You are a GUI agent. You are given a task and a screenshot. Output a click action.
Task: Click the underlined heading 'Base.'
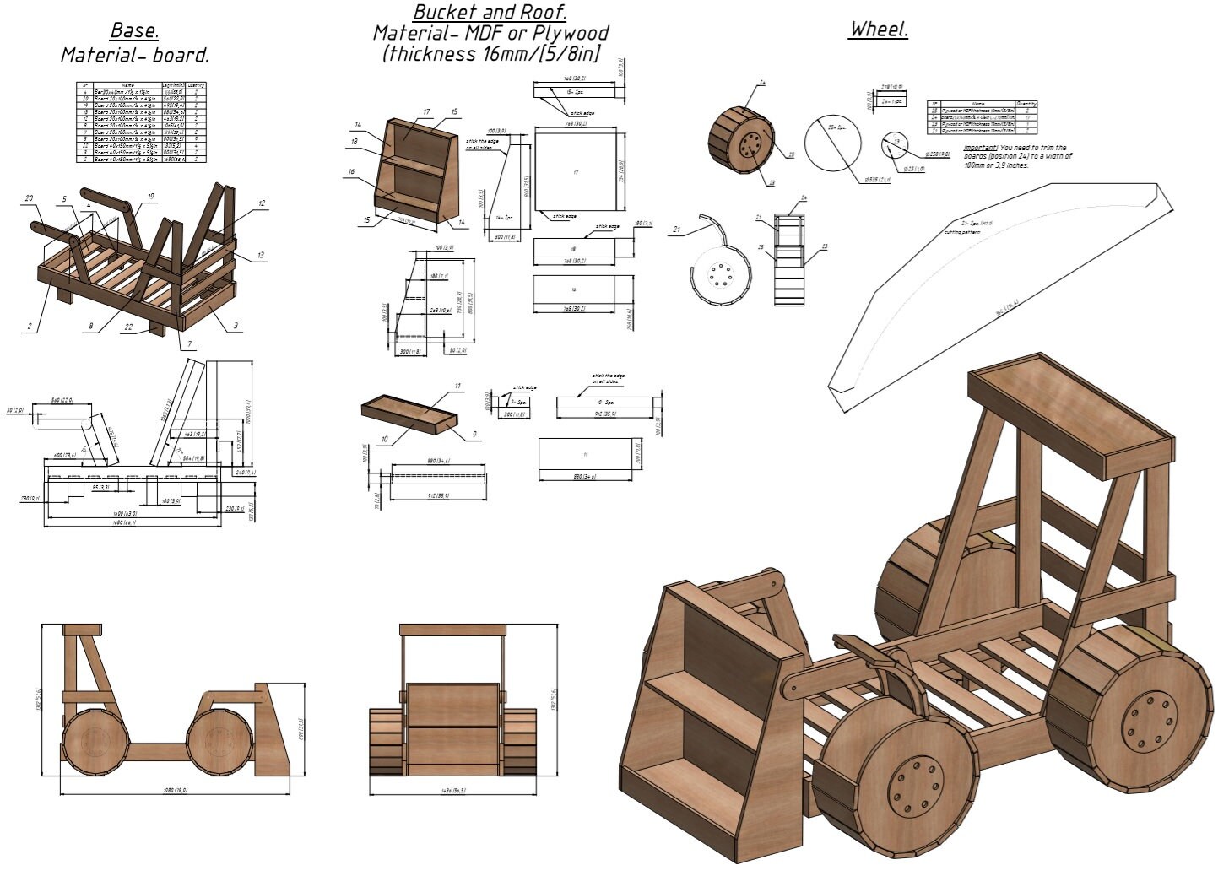tap(134, 31)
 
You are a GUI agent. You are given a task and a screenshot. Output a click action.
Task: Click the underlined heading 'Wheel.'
tap(879, 30)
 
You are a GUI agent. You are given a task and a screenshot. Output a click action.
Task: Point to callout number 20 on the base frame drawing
tap(29, 198)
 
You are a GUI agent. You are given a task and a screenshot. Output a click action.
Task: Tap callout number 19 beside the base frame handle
tap(150, 197)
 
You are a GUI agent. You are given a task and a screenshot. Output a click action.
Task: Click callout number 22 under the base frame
tap(127, 330)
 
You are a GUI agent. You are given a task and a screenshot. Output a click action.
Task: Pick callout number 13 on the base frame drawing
tap(261, 254)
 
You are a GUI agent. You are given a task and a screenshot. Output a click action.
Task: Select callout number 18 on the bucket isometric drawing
tap(355, 142)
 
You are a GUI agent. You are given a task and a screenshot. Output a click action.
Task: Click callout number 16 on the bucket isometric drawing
tap(351, 171)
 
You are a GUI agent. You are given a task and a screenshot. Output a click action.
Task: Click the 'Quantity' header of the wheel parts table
tap(1026, 104)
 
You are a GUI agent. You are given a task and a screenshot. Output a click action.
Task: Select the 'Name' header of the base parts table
tap(128, 85)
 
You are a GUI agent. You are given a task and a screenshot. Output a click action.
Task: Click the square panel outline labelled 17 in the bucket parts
tap(576, 173)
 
